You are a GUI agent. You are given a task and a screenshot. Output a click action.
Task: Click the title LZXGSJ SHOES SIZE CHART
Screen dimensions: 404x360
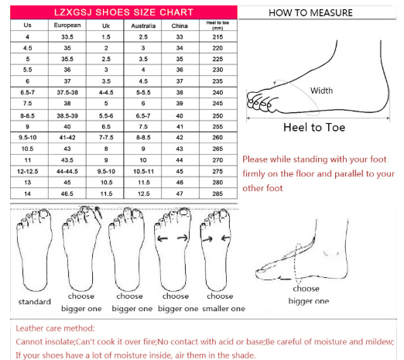(124, 12)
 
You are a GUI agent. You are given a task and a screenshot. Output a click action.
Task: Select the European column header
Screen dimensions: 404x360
(67, 26)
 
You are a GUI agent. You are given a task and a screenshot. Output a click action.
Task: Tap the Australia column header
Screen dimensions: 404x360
(143, 26)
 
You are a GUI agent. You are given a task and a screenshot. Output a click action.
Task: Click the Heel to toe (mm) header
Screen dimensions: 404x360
(217, 26)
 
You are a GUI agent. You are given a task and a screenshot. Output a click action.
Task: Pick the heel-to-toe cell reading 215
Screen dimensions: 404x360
(217, 37)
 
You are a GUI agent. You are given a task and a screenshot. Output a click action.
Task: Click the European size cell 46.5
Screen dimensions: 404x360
(67, 194)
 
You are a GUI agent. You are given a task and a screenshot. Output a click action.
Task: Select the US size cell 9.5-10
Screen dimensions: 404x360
(28, 138)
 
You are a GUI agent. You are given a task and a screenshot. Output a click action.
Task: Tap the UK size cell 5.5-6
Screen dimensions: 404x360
(106, 116)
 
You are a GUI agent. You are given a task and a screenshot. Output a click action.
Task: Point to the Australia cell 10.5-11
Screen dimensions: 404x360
(143, 171)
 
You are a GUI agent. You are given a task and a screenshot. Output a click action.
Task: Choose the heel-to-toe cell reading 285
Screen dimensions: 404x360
(217, 194)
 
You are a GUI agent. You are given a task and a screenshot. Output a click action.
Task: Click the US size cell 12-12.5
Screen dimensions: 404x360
(28, 171)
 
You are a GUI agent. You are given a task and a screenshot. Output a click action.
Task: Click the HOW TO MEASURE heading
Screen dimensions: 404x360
(310, 13)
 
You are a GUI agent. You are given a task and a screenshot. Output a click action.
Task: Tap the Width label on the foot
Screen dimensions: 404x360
(321, 91)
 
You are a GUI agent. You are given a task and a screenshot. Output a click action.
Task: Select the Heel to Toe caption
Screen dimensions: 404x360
(314, 128)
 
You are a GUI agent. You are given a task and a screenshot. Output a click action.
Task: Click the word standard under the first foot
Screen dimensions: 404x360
(35, 302)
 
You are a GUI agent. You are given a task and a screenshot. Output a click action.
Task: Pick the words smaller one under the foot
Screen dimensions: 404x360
(224, 309)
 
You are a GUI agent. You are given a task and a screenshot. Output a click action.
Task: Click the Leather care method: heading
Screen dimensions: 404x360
(55, 328)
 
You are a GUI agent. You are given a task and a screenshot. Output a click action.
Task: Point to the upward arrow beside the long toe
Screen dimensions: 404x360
(98, 212)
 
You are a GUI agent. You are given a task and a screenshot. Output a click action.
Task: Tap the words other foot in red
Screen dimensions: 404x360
(262, 188)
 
